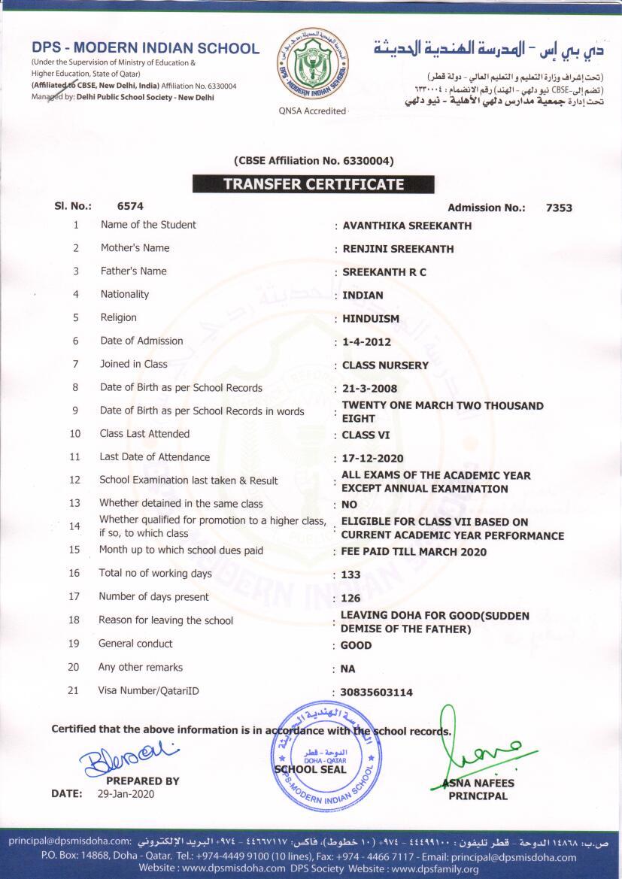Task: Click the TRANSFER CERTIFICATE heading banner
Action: pyautogui.click(x=313, y=184)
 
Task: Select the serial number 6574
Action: pyautogui.click(x=130, y=205)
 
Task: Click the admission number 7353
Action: pyautogui.click(x=559, y=208)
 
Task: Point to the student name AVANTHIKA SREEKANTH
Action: pyautogui.click(x=407, y=226)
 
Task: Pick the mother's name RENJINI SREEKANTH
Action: pyautogui.click(x=398, y=249)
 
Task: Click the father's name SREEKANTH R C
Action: pyautogui.click(x=384, y=272)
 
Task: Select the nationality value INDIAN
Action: pyautogui.click(x=363, y=296)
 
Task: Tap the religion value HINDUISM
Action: pyautogui.click(x=371, y=319)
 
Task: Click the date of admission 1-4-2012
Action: pyautogui.click(x=366, y=342)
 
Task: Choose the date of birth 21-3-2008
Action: pyautogui.click(x=369, y=389)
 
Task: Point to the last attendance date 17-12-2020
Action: pyautogui.click(x=372, y=459)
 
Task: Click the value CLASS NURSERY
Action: pyautogui.click(x=385, y=365)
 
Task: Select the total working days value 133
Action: pyautogui.click(x=351, y=575)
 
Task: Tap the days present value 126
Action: pyautogui.click(x=351, y=599)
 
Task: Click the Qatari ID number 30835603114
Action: pyautogui.click(x=377, y=693)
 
